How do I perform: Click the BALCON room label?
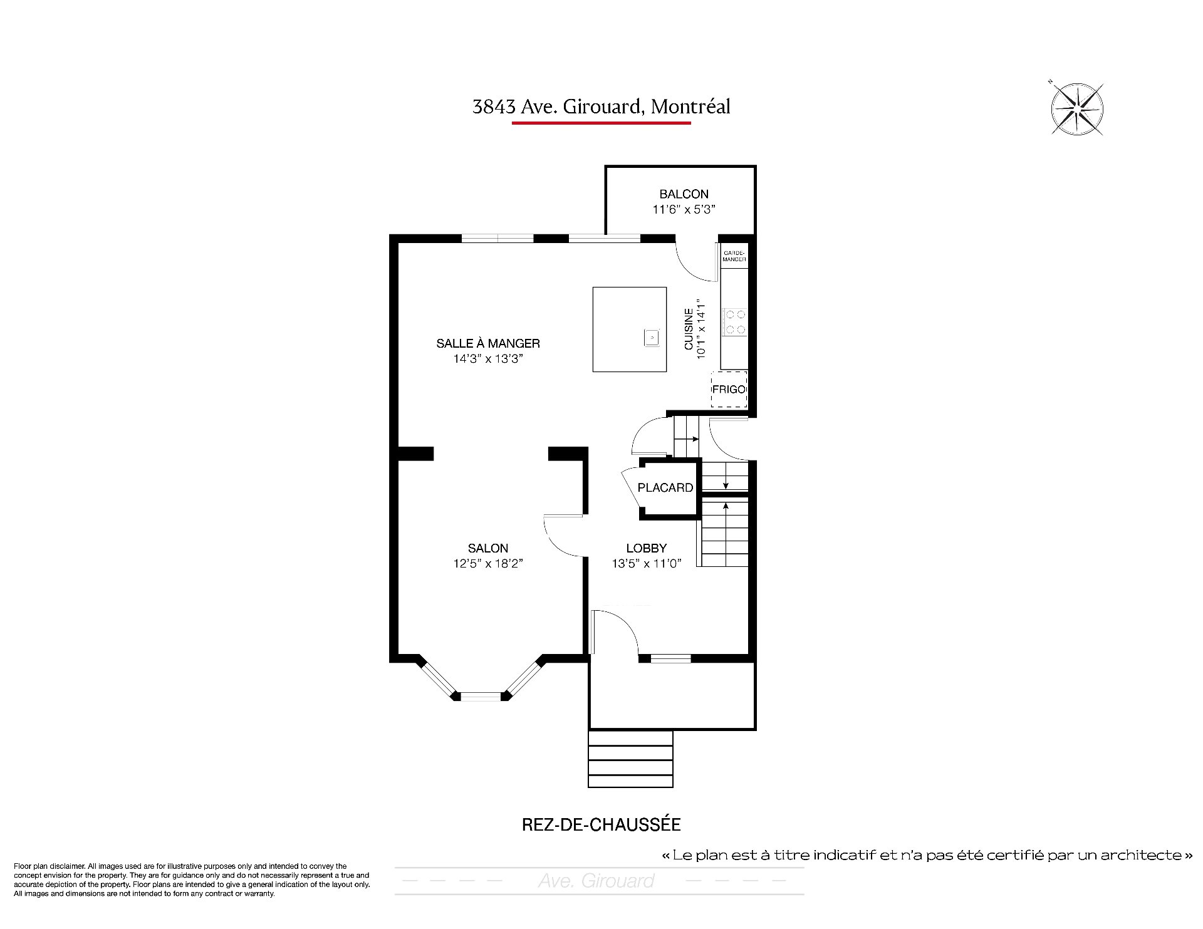[684, 194]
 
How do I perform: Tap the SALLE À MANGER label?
[488, 343]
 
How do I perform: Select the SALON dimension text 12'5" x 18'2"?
[488, 563]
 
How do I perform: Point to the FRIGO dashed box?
[729, 390]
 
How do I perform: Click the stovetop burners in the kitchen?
[734, 322]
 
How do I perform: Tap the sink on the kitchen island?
[652, 338]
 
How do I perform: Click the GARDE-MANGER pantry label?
[734, 256]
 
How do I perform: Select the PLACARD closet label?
[665, 487]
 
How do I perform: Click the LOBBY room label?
[647, 548]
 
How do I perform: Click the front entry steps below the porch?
[631, 759]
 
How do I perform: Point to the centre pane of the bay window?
[481, 696]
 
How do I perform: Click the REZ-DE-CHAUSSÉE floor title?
[601, 824]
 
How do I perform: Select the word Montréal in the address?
[690, 106]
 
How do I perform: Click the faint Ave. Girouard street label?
[596, 881]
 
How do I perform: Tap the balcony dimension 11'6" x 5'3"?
[684, 209]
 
